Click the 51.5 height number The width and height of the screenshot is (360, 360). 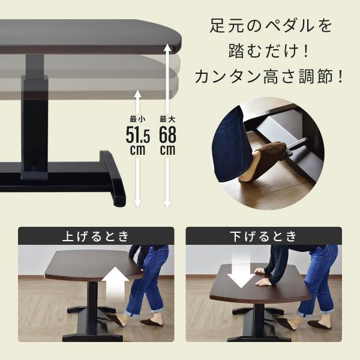[x=138, y=136]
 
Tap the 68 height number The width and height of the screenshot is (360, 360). [x=167, y=135]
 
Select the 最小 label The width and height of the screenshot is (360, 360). [x=137, y=119]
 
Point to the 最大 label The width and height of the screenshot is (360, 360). [x=167, y=119]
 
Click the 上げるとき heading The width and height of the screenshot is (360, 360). [x=96, y=236]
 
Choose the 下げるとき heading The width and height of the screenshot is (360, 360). [x=263, y=236]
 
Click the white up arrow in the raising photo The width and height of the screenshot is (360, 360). [x=115, y=285]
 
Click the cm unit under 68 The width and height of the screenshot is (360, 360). [x=167, y=150]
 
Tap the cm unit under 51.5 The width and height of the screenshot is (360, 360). [x=137, y=150]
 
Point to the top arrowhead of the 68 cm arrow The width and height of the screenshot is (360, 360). [x=167, y=47]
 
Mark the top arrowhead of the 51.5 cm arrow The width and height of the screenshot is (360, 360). [x=137, y=94]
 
